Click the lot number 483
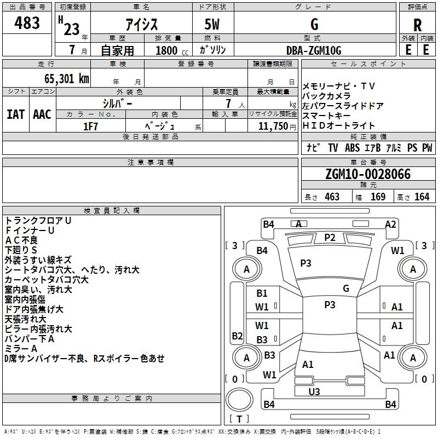click(27, 22)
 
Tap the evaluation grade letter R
click(417, 25)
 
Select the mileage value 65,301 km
click(67, 79)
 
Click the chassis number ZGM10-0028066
click(368, 174)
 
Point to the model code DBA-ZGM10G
click(314, 50)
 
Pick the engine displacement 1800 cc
click(172, 50)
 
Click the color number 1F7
click(90, 126)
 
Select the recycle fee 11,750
click(273, 126)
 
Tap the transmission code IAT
click(16, 114)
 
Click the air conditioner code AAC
click(42, 114)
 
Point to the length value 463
click(332, 197)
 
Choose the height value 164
click(422, 197)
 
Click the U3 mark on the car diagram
click(314, 391)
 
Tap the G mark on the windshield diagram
click(346, 288)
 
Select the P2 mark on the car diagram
click(330, 238)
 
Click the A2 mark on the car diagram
click(390, 224)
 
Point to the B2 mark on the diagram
click(237, 336)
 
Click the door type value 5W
click(212, 24)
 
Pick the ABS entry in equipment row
click(352, 148)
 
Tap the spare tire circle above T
click(239, 400)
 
